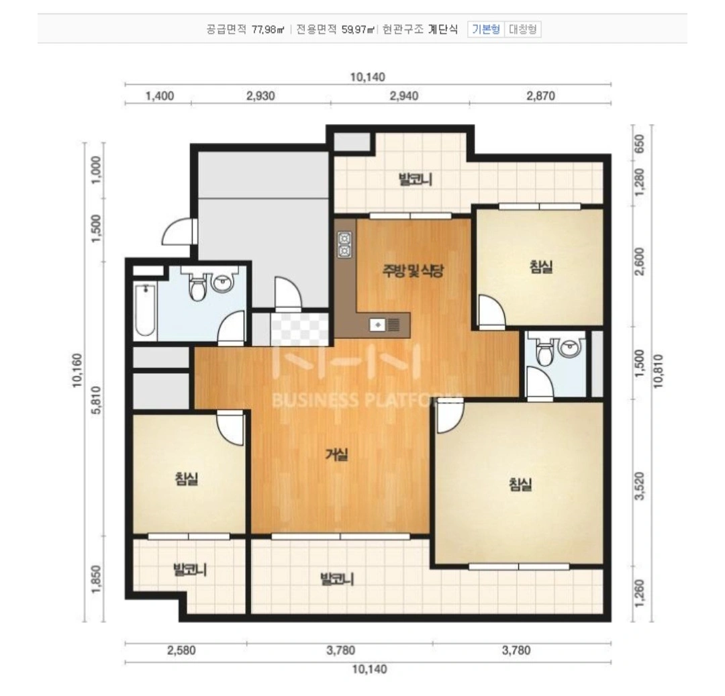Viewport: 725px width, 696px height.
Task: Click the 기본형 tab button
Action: [x=485, y=30]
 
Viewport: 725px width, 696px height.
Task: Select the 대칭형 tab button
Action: [x=522, y=30]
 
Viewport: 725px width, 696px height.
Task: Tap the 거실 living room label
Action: [x=336, y=455]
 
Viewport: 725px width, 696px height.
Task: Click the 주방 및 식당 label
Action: [x=413, y=270]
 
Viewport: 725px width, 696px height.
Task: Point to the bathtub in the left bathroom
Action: [x=145, y=311]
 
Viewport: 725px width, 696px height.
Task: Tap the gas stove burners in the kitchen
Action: [x=344, y=244]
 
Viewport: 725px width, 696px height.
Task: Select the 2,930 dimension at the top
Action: [x=260, y=96]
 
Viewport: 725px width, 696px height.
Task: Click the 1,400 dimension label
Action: [x=160, y=96]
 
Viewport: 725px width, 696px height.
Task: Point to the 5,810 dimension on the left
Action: [x=96, y=399]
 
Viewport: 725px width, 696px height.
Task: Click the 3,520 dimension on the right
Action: [x=640, y=485]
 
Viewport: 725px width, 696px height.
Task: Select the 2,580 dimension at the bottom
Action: [x=181, y=651]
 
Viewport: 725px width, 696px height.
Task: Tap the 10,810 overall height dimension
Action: [x=659, y=371]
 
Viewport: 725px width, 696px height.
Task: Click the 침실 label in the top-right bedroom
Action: [x=541, y=266]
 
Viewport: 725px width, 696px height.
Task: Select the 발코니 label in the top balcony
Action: [x=416, y=179]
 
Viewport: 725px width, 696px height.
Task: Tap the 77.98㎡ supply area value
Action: [x=268, y=30]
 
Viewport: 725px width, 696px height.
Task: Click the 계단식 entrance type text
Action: [x=443, y=30]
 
